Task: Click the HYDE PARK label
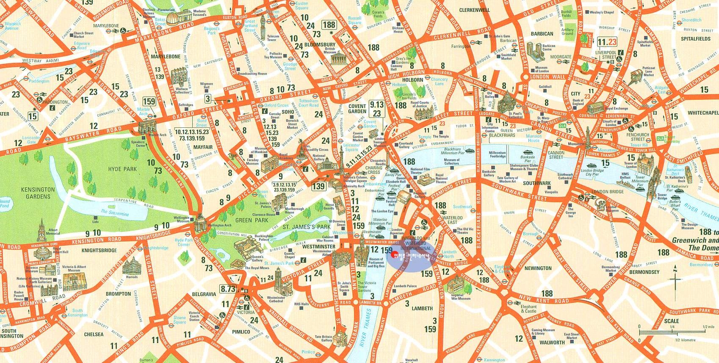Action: [122, 169]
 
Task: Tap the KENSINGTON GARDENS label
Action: [37, 193]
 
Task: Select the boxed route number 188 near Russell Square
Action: [329, 24]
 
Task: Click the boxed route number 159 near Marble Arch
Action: [149, 101]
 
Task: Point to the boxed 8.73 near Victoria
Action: [227, 289]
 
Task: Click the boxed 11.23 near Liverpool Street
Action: [607, 42]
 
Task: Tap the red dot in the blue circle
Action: [396, 255]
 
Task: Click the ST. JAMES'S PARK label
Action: [306, 227]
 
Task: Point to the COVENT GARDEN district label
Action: [357, 109]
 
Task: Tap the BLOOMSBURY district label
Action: [320, 44]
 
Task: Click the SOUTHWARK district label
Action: [537, 184]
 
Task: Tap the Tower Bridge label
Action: [662, 197]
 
